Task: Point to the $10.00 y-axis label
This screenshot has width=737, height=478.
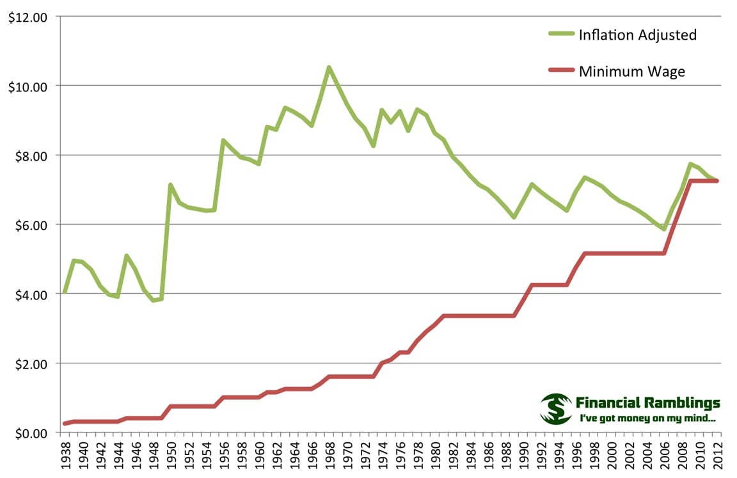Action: (27, 86)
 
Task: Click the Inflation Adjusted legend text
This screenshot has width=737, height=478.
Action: (637, 35)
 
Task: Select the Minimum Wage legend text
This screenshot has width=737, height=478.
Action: (631, 71)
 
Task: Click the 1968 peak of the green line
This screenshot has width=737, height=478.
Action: (329, 67)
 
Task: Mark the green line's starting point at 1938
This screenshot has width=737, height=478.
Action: (65, 292)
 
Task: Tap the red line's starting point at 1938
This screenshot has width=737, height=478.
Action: (65, 424)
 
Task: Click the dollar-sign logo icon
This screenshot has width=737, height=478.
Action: (555, 409)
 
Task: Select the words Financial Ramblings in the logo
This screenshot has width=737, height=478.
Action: (647, 403)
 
